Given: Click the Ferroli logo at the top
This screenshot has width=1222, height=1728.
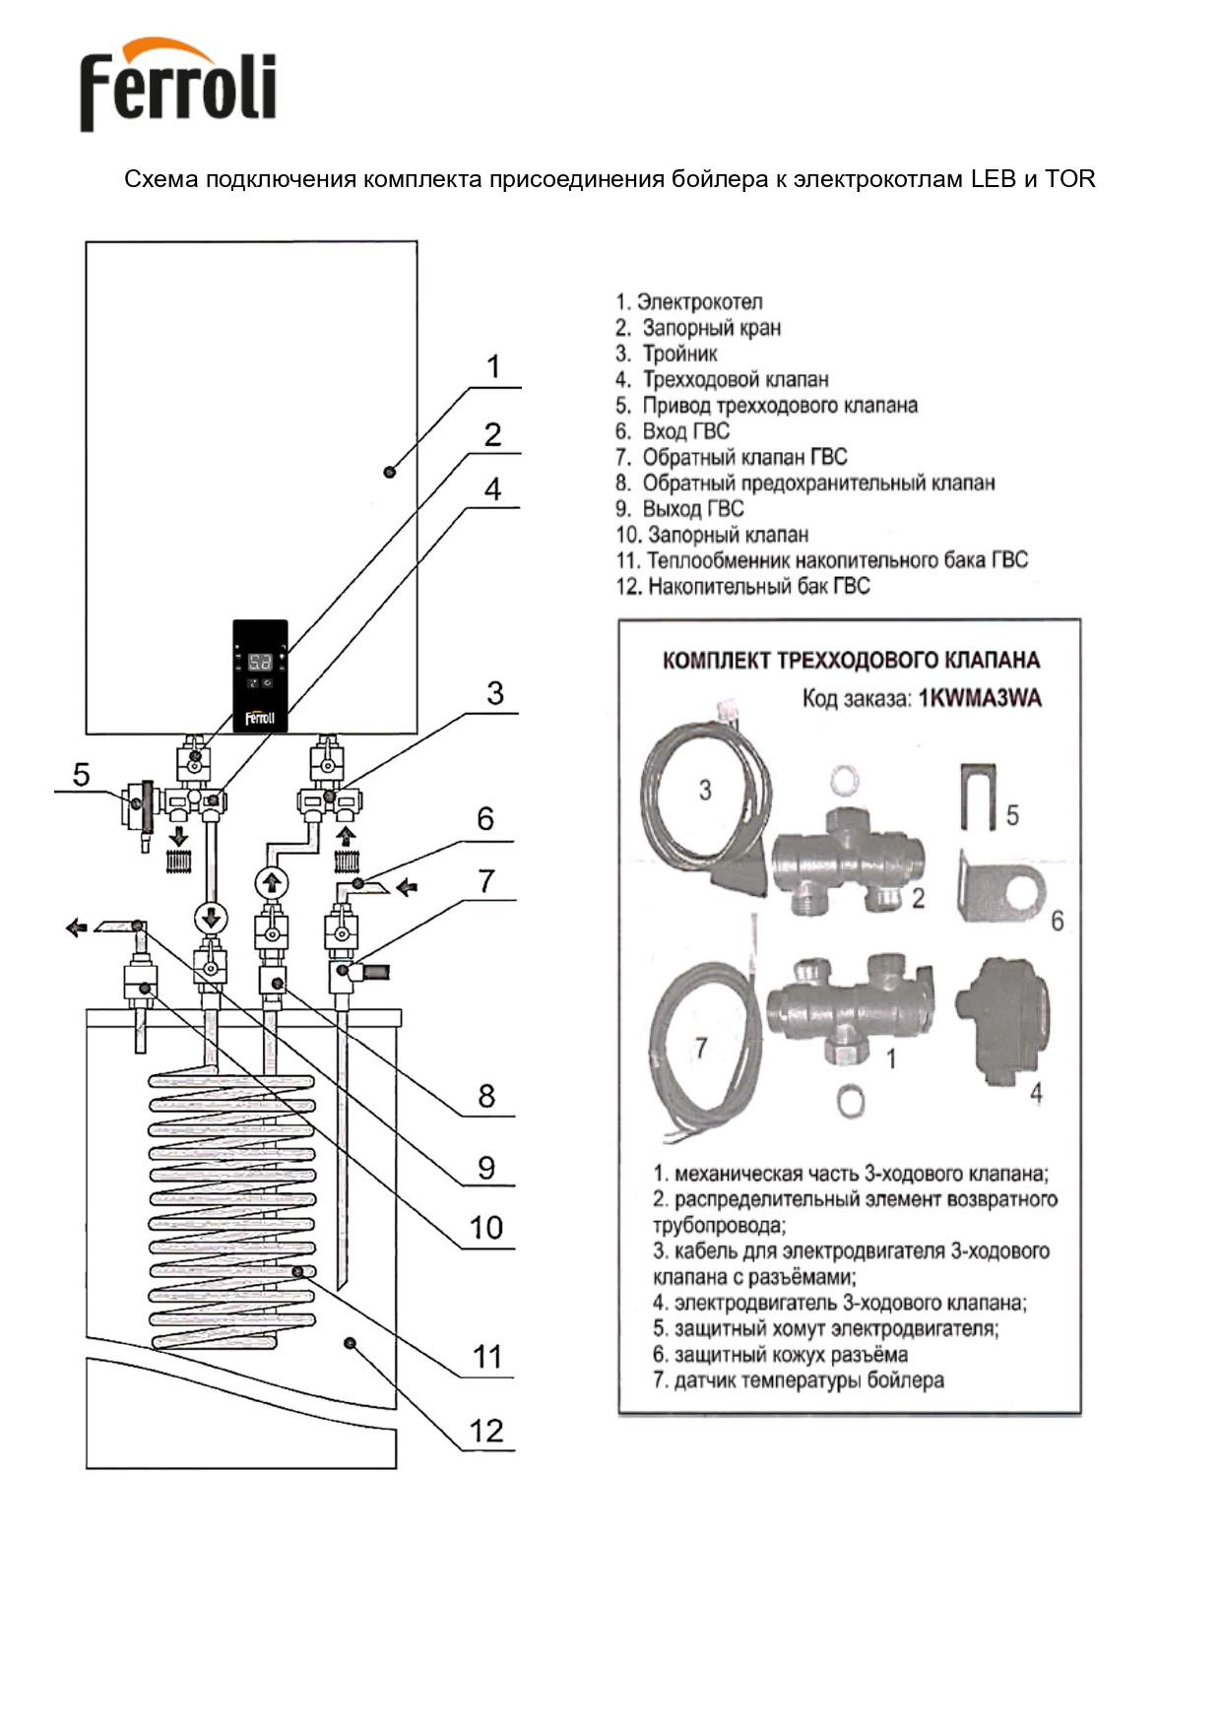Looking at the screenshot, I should [177, 85].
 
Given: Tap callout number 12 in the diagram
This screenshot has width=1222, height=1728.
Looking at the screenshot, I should [486, 1431].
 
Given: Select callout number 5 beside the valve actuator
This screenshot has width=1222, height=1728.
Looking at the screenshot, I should [81, 775].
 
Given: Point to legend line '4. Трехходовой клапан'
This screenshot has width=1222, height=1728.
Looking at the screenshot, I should [722, 379].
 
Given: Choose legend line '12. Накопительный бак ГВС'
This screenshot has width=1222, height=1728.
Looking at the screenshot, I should [743, 587].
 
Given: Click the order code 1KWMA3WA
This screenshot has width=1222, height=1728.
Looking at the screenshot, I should [979, 699].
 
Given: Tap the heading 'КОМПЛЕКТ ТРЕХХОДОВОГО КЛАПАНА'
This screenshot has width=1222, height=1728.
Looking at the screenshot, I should [851, 660].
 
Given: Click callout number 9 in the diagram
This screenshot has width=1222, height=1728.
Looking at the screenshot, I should [485, 1168].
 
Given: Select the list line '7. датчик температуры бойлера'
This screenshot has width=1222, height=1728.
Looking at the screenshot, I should [799, 1380].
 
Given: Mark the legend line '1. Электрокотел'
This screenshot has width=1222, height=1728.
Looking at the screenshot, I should [689, 302].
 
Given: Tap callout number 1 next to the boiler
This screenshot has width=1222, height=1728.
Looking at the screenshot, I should [493, 367].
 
